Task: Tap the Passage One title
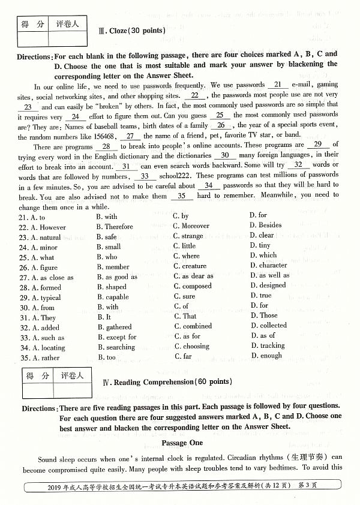[182, 443]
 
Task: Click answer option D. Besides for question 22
[266, 226]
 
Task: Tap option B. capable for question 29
[113, 297]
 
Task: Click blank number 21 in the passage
[277, 85]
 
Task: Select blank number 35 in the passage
[181, 196]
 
